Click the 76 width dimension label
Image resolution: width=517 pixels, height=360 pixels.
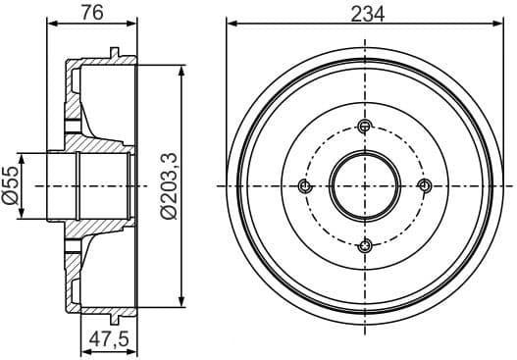coord(92,13)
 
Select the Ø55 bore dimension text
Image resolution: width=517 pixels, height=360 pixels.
coord(13,184)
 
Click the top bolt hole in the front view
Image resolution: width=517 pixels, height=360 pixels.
coord(365,125)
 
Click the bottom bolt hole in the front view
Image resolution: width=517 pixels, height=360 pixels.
coord(365,245)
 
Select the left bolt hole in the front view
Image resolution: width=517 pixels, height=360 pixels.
coord(304,185)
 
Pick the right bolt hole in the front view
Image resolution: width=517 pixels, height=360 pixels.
coord(425,185)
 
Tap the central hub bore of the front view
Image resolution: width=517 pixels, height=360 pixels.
coord(365,185)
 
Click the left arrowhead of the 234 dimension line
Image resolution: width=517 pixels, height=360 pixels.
coord(232,23)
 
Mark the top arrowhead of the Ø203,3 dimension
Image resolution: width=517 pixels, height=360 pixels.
coord(182,70)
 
